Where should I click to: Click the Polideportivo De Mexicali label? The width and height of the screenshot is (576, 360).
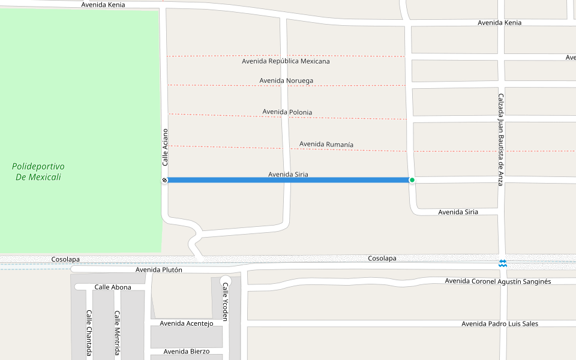(x=38, y=171)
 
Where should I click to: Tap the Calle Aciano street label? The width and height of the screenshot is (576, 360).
(x=165, y=147)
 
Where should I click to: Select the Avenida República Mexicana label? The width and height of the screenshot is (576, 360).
(x=286, y=61)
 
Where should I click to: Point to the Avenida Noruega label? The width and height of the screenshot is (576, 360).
(x=286, y=80)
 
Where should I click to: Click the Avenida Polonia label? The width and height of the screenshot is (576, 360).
(x=287, y=112)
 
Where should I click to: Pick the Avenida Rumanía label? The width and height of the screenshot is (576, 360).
(x=326, y=144)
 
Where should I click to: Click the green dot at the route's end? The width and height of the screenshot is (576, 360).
(x=412, y=180)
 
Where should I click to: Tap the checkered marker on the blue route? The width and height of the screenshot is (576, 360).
(x=164, y=180)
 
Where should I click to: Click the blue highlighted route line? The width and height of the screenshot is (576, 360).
(x=288, y=180)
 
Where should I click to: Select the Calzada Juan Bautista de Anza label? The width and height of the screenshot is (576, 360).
(x=500, y=139)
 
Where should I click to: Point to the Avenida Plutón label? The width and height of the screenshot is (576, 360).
(x=158, y=269)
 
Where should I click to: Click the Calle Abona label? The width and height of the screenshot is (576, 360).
(x=113, y=287)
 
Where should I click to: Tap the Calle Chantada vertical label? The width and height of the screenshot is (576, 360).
(x=89, y=332)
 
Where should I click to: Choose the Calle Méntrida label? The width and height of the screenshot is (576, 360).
(x=118, y=333)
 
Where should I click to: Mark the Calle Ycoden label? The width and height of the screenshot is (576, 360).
(x=226, y=302)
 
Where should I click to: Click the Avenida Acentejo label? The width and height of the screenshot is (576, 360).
(x=186, y=323)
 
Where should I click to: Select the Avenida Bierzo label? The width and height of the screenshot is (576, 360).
(x=187, y=351)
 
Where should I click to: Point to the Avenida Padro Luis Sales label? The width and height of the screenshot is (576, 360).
(x=499, y=323)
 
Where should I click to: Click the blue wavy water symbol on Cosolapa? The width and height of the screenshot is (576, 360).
(x=503, y=263)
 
